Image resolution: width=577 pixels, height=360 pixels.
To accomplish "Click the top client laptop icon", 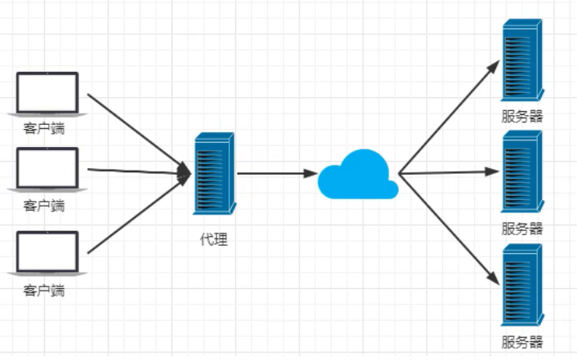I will point(47,94).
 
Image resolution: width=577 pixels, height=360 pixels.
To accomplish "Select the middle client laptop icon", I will point(47,169).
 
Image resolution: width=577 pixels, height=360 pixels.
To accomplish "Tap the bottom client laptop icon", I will point(47,252).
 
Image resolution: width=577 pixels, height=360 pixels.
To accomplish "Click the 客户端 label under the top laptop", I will point(44,129).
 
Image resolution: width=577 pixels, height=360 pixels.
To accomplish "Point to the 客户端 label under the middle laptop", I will point(44,206).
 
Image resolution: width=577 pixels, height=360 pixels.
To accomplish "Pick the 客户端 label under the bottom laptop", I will point(44,290).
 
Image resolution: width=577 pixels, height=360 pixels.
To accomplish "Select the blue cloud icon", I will point(357,175).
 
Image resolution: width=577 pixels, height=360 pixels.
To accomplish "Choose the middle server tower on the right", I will point(522,174).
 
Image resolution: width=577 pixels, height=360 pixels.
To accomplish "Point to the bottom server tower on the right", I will point(522,285).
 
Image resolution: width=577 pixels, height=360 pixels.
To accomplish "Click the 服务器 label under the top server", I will point(522,116).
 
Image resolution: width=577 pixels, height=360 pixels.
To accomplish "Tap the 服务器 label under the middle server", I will point(522,229).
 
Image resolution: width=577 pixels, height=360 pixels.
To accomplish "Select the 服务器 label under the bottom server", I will point(522,341).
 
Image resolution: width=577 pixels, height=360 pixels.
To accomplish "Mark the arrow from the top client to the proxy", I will point(135,131).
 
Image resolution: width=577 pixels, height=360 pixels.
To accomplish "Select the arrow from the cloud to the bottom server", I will point(449,229).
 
